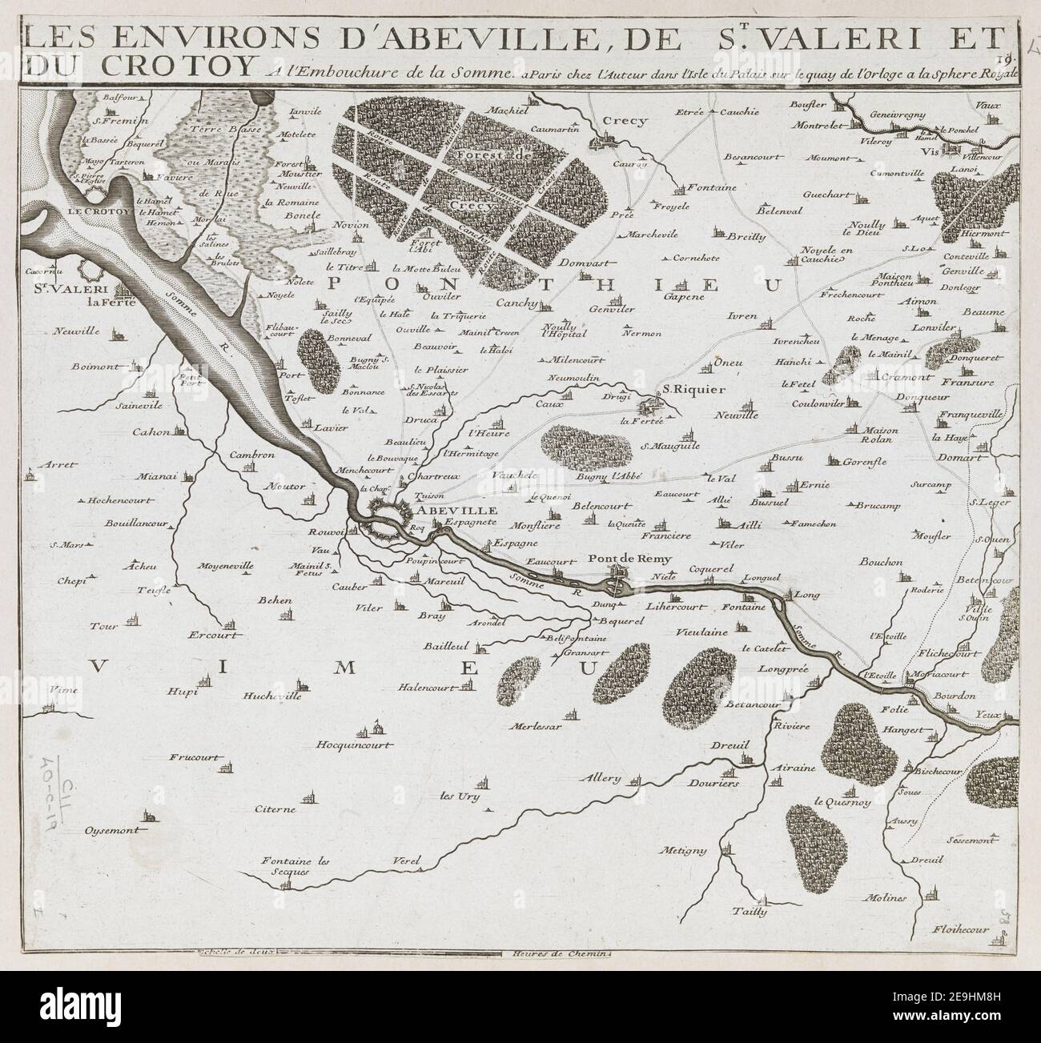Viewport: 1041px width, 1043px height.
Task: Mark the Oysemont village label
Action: (x=113, y=830)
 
